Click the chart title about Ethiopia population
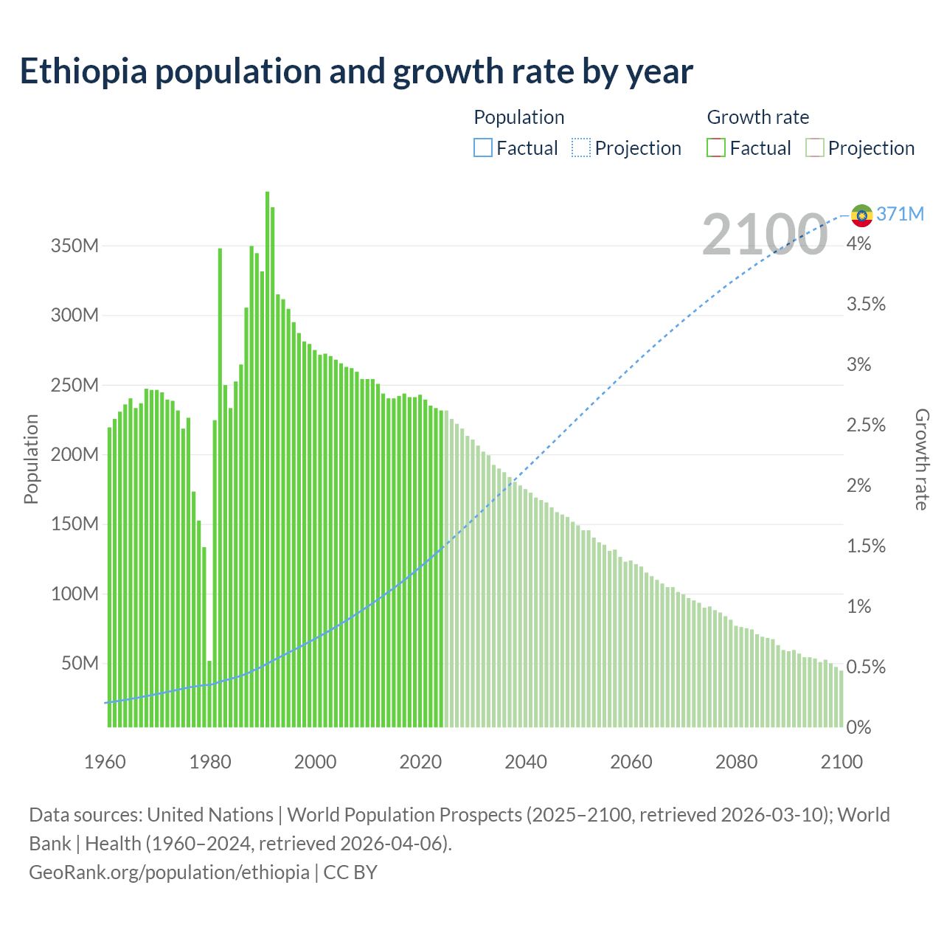pos(356,71)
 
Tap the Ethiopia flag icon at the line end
pos(861,215)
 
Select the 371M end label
pos(900,214)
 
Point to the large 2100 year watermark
pos(764,235)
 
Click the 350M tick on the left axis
pos(74,246)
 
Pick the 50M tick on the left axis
pos(79,663)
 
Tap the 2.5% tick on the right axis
pos(866,425)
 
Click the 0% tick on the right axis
pos(858,727)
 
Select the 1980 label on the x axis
pos(210,762)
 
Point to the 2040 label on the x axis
pos(526,762)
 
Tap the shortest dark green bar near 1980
pos(209,693)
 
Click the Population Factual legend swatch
pos(482,148)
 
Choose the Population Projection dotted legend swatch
pos(581,148)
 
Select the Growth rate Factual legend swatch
pos(716,148)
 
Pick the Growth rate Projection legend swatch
pos(814,148)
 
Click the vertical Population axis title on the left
pos(31,459)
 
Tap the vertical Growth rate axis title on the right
pos(922,459)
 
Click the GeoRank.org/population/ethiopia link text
pos(169,872)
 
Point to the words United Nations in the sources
pos(210,815)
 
